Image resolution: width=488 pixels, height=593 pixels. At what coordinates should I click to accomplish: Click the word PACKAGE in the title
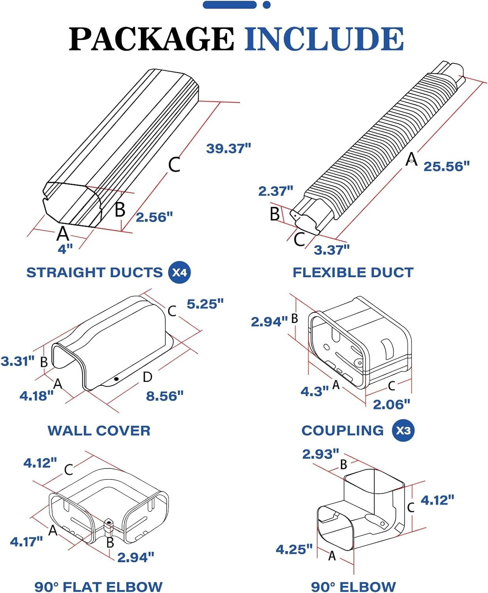[152, 39]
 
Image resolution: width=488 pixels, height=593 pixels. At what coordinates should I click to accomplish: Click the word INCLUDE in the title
[324, 39]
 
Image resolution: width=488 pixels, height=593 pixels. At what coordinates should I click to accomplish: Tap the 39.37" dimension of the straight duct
[229, 149]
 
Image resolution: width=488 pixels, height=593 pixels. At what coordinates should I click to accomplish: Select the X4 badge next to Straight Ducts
[180, 272]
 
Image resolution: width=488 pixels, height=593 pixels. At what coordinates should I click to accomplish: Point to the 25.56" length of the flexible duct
[447, 166]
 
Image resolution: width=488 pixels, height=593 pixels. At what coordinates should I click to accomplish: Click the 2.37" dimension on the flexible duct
[276, 191]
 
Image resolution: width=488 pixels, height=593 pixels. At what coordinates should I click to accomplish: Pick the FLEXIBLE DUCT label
[353, 272]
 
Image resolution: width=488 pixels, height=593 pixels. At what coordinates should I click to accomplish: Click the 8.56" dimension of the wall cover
[165, 396]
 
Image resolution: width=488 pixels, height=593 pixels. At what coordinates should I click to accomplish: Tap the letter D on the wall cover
[147, 377]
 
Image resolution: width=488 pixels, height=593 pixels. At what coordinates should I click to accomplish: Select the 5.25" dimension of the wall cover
[205, 304]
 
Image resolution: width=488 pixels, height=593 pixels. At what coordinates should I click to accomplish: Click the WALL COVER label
[99, 431]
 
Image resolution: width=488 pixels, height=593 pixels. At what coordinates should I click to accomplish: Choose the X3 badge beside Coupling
[403, 431]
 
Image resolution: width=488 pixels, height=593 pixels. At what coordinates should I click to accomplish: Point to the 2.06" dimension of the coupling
[391, 404]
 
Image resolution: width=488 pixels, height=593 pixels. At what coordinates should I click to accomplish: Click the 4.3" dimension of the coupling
[314, 391]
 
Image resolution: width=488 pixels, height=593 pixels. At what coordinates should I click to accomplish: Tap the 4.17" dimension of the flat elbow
[26, 542]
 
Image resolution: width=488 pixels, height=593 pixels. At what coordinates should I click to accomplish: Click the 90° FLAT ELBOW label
[98, 586]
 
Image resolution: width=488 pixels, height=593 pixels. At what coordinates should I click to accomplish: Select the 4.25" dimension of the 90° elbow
[294, 549]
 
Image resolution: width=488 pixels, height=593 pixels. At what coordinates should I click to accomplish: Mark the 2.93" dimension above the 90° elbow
[320, 454]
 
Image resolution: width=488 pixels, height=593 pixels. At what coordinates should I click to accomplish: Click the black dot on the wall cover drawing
[116, 379]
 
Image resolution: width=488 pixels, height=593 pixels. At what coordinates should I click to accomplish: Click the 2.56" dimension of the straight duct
[154, 217]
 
